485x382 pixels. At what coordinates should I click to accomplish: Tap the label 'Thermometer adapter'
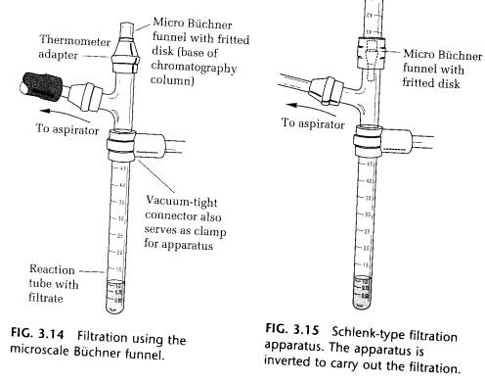[x=74, y=48]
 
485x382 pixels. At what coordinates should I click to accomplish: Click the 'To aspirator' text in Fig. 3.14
[x=67, y=129]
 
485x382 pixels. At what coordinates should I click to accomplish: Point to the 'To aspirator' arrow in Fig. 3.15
[x=311, y=109]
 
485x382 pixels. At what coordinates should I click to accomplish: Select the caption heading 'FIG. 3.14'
[x=37, y=333]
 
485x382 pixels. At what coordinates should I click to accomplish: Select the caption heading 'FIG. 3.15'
[x=291, y=329]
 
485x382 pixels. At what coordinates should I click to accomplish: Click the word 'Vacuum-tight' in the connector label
[x=181, y=202]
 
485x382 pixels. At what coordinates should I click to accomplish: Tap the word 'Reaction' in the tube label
[x=52, y=269]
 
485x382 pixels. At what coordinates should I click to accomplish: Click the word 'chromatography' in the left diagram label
[x=194, y=68]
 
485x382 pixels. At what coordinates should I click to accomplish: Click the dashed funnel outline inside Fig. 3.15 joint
[x=372, y=61]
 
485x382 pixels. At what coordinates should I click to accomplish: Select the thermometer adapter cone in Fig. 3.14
[x=125, y=49]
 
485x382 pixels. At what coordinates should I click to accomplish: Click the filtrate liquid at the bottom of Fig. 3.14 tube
[x=115, y=296]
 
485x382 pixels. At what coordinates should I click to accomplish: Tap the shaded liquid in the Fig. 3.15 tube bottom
[x=362, y=293]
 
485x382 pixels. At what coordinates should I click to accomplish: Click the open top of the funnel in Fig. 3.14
[x=127, y=24]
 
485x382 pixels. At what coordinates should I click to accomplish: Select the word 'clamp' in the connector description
[x=211, y=232]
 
